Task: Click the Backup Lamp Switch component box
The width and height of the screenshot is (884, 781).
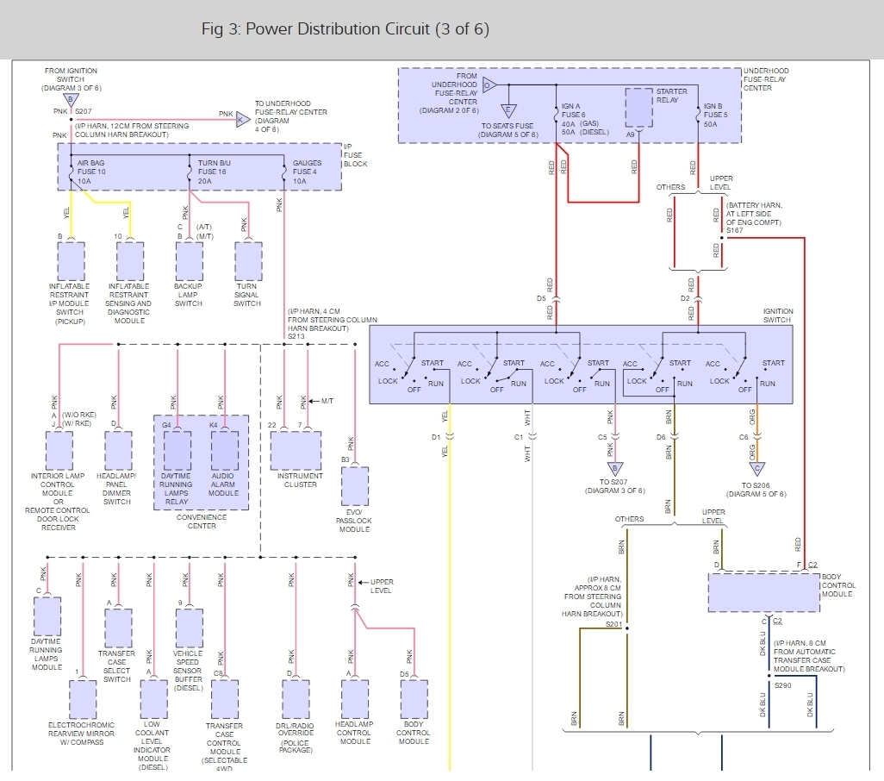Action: pos(189,260)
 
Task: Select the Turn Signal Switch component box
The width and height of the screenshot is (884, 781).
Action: pos(247,260)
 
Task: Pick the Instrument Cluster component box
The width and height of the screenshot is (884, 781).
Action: pos(296,450)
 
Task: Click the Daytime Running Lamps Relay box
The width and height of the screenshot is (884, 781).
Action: pos(177,450)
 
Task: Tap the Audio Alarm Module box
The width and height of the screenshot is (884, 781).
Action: pos(224,450)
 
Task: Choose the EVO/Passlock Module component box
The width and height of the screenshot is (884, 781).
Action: pos(354,486)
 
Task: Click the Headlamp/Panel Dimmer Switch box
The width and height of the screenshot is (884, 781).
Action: pos(117,450)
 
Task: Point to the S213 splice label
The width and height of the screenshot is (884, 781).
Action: pos(297,336)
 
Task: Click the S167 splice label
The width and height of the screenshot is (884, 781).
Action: pos(734,230)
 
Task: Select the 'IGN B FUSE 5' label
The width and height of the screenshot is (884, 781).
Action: pos(716,116)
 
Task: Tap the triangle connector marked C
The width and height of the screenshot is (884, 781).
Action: pos(756,469)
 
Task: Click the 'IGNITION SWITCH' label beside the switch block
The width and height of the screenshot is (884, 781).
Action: pos(777,316)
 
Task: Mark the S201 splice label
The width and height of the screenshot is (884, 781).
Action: pos(613,622)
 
